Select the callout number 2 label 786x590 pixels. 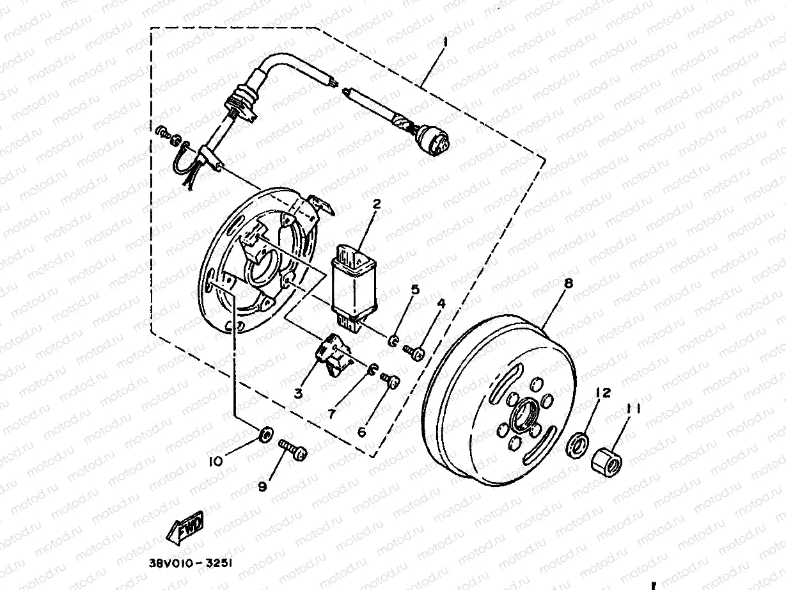[377, 205]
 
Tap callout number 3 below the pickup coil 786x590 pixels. [297, 393]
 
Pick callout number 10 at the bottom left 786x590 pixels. [216, 461]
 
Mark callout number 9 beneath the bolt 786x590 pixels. [262, 487]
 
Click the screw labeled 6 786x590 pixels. [391, 380]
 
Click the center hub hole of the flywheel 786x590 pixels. [524, 416]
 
